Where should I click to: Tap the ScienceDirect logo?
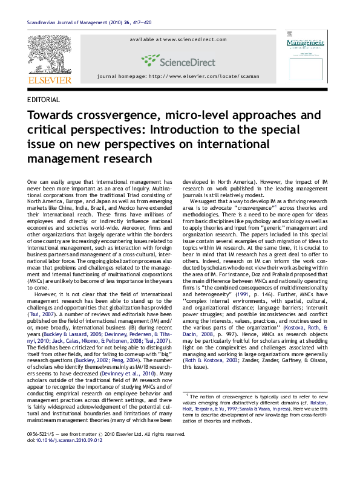tap(178, 60)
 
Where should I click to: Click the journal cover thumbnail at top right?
tap(307, 57)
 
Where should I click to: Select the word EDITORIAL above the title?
tap(44, 100)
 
